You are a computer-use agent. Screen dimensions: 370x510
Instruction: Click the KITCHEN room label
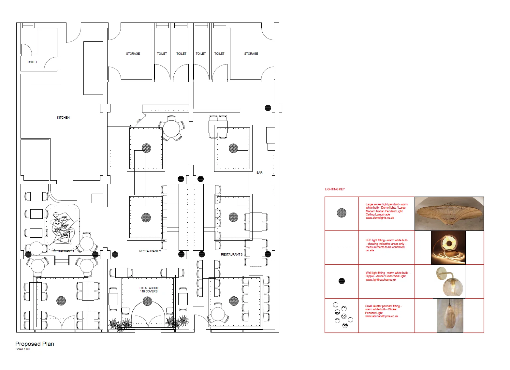[63, 118]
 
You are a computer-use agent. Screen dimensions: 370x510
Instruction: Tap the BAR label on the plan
[259, 173]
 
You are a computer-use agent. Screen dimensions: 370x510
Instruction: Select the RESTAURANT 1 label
[63, 251]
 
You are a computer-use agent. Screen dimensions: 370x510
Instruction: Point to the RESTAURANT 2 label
[150, 251]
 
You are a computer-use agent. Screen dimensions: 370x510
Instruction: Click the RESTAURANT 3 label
[231, 255]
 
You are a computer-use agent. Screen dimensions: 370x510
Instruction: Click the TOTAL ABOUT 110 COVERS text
[149, 290]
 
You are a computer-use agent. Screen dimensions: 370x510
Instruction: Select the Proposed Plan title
[35, 344]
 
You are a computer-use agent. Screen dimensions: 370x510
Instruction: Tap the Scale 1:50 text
[22, 349]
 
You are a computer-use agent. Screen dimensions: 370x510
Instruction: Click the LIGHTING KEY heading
[335, 189]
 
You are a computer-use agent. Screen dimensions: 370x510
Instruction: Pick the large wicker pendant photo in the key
[449, 214]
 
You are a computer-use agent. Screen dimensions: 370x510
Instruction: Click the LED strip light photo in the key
[448, 248]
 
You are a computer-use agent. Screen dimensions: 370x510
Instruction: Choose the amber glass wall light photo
[449, 281]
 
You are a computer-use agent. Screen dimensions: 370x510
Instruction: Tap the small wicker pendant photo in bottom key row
[450, 316]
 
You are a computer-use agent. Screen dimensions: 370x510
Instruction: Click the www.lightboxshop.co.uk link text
[381, 280]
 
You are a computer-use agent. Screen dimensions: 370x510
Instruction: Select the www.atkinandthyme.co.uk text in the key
[381, 316]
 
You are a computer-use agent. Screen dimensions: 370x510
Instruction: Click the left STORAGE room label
[133, 54]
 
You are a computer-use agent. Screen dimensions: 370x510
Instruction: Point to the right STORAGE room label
[251, 54]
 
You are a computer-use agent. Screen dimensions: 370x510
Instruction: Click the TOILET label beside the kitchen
[32, 62]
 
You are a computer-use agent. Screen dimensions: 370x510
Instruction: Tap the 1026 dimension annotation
[139, 121]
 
